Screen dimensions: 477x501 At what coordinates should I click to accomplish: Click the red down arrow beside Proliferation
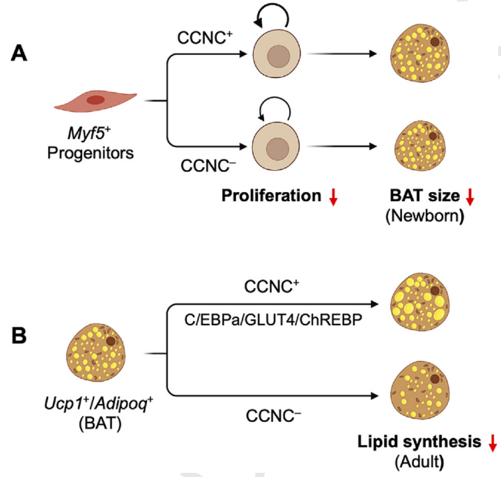point(334,198)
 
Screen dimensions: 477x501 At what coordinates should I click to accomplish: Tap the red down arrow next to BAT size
point(470,198)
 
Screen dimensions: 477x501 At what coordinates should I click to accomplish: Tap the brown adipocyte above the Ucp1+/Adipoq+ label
point(93,352)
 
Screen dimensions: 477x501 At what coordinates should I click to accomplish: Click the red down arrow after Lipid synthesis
point(493,443)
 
